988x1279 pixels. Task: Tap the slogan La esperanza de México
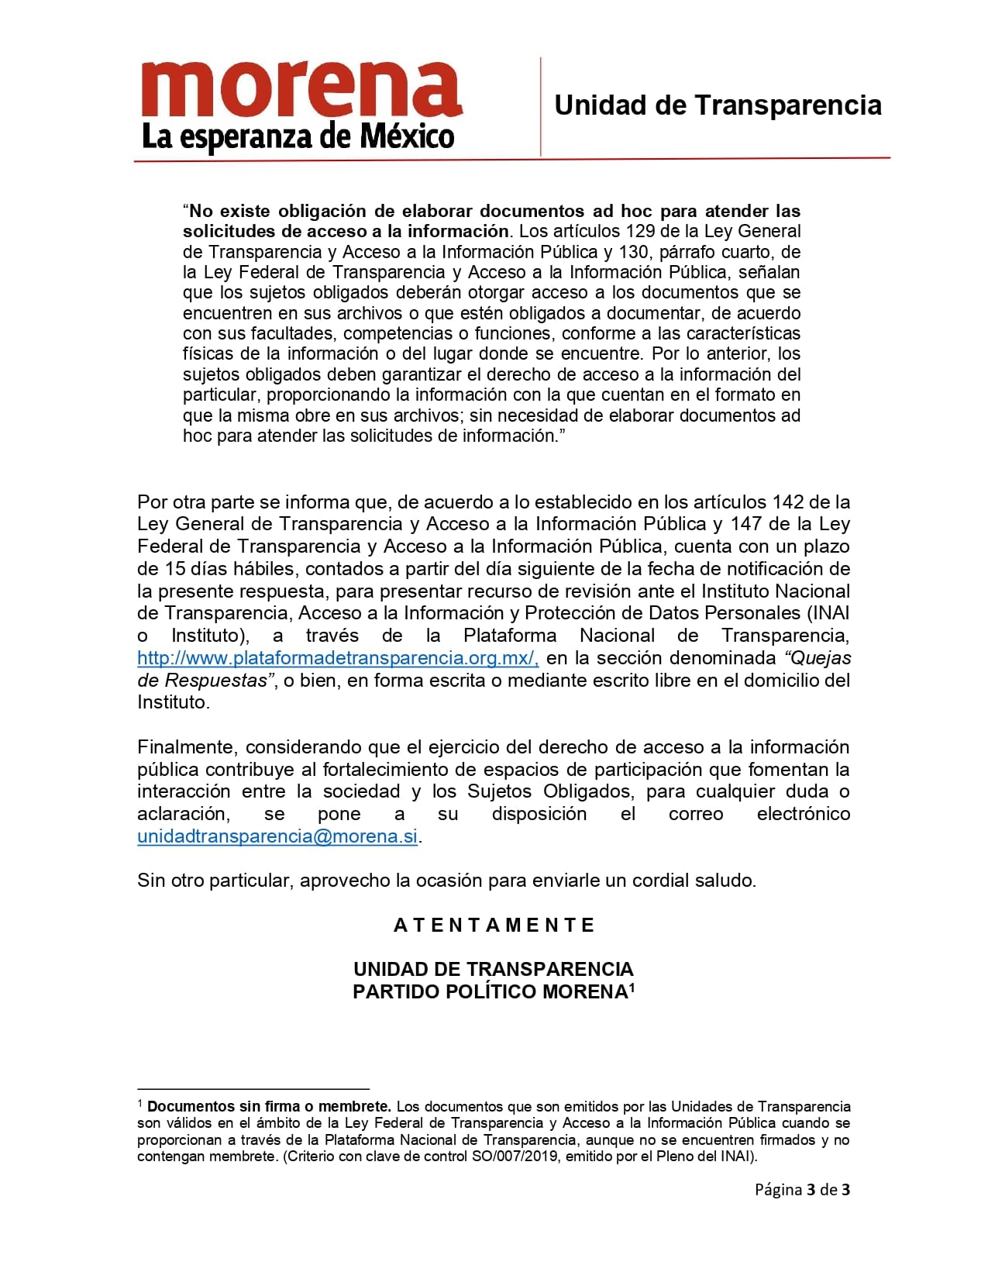[298, 137]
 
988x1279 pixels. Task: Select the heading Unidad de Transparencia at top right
[718, 105]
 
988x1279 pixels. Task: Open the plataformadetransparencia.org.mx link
[338, 658]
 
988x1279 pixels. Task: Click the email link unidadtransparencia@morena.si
[277, 836]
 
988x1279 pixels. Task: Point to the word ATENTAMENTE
[494, 925]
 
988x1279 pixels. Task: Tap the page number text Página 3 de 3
[802, 1189]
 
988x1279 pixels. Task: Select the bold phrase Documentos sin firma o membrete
[268, 1106]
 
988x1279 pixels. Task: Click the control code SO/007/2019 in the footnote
[508, 1157]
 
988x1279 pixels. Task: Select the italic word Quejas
[818, 658]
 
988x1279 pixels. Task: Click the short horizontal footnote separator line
[253, 1089]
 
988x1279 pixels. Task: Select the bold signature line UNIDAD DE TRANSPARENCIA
[494, 969]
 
